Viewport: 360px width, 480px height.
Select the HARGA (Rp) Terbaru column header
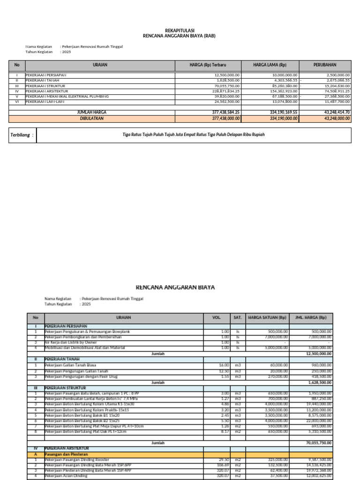(208, 65)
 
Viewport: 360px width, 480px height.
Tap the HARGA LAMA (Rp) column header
(270, 65)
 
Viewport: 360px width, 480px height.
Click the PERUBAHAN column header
(325, 65)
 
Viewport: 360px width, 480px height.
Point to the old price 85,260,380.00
(282, 86)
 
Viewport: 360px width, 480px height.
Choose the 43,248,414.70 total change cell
(334, 112)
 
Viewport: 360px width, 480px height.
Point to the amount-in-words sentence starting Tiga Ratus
(194, 135)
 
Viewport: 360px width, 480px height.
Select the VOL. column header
(216, 317)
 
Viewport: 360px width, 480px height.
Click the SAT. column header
(238, 317)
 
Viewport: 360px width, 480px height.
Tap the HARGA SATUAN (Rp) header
(267, 317)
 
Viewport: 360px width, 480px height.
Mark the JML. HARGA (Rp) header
(311, 317)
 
